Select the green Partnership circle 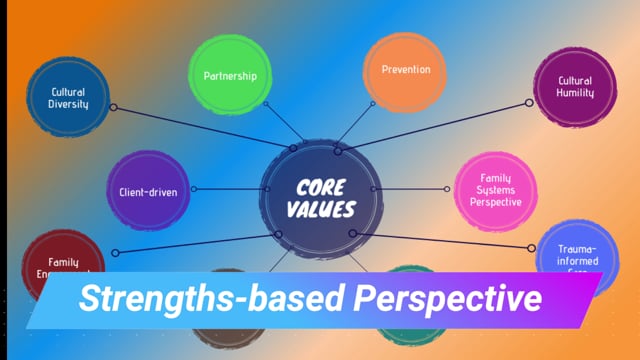230,75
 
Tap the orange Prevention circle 405,70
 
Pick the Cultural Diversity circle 69,97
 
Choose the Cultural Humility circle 575,87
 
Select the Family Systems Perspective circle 496,190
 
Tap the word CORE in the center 320,186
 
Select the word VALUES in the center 321,208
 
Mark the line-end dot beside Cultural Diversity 112,106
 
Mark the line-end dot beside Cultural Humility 530,103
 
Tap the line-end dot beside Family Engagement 115,253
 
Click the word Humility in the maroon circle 575,93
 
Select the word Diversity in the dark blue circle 69,104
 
